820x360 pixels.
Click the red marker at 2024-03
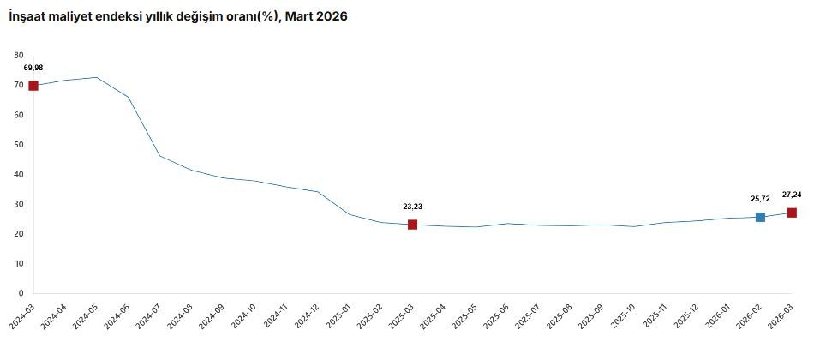(x=33, y=86)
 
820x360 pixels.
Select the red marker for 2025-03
(x=412, y=225)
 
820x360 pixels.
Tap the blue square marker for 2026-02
(x=760, y=217)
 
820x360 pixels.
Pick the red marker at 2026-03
(x=792, y=213)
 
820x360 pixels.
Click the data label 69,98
(x=33, y=68)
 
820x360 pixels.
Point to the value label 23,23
(x=412, y=207)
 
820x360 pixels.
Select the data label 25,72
(x=757, y=199)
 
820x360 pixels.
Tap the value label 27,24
(x=792, y=194)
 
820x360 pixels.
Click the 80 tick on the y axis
(x=20, y=55)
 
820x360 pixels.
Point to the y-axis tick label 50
(x=20, y=144)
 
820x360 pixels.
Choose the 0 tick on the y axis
(x=21, y=293)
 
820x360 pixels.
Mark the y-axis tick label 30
(x=20, y=204)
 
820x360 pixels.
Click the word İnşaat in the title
(x=26, y=17)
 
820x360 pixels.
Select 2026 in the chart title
(x=332, y=17)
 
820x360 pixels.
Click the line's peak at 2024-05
(x=96, y=77)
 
